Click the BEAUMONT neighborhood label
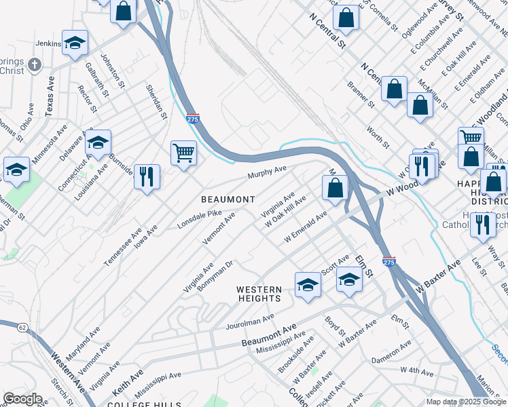click(228, 199)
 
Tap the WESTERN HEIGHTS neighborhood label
click(259, 294)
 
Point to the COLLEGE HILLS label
click(137, 403)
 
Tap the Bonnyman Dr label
click(216, 273)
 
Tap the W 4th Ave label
click(416, 370)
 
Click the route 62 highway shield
click(23, 328)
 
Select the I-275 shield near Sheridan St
click(193, 118)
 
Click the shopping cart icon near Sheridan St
click(183, 152)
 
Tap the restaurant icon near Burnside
click(147, 176)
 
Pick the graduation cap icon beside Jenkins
click(75, 42)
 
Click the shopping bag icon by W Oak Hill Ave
click(335, 187)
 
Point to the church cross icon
click(35, 66)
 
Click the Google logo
click(22, 398)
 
